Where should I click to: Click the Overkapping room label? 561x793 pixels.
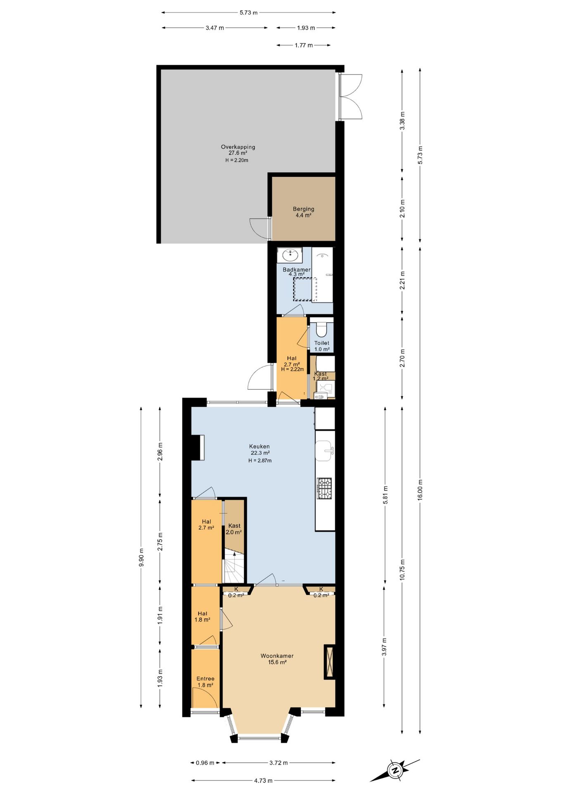tap(238, 147)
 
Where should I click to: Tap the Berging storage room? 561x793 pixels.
tap(303, 209)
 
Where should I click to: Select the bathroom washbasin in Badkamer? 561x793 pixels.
tap(290, 255)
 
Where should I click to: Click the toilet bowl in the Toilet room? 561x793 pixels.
tap(321, 329)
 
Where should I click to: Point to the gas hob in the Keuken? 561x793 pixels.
tap(325, 488)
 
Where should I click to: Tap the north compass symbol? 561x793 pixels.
tap(395, 770)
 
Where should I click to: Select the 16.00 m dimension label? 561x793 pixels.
tap(420, 490)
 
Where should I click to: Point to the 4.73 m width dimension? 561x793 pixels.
tap(263, 781)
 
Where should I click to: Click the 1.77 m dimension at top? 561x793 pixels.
tap(304, 45)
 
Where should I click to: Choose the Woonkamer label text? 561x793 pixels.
tap(277, 656)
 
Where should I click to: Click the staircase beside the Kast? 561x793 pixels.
tap(234, 567)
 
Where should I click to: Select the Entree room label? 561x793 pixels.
tap(205, 679)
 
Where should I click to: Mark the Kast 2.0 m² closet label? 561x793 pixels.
tap(234, 529)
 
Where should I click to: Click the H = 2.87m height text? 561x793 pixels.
tap(260, 461)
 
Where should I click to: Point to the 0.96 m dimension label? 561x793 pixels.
tap(205, 763)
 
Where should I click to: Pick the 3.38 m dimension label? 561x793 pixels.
tap(402, 121)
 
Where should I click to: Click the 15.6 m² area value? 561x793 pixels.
tap(277, 662)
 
